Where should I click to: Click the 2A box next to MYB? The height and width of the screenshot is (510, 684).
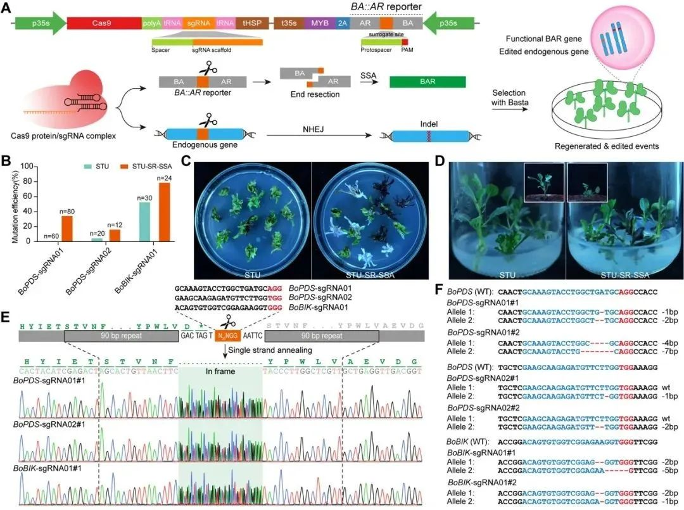pyautogui.click(x=343, y=23)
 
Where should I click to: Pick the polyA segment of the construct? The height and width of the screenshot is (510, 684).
pyautogui.click(x=152, y=23)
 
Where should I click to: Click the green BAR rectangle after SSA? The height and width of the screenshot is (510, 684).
pyautogui.click(x=427, y=82)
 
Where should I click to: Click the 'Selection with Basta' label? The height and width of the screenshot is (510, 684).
pyautogui.click(x=513, y=98)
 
